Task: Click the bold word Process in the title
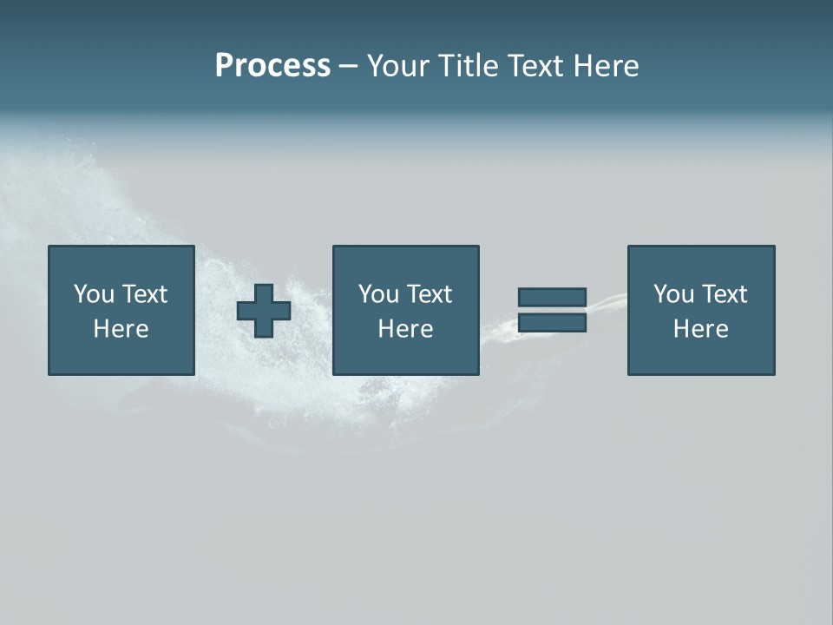[x=272, y=66]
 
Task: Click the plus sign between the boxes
[x=264, y=311]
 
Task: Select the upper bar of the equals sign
[x=552, y=298]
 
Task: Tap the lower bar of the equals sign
[x=552, y=323]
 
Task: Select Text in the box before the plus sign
[x=144, y=294]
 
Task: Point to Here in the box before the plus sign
[x=121, y=329]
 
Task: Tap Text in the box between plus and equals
[x=429, y=294]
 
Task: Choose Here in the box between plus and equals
[x=405, y=329]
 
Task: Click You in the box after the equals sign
[x=674, y=294]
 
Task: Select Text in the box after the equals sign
[x=724, y=294]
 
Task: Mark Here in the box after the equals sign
[x=700, y=329]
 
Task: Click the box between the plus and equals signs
[x=405, y=356]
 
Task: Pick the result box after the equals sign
[x=700, y=356]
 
